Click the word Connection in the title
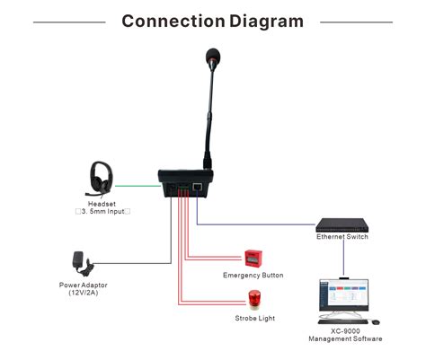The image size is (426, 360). tap(172, 21)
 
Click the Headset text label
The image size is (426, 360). tap(102, 204)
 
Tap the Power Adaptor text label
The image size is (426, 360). tap(82, 285)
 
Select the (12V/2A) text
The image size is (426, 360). tap(82, 294)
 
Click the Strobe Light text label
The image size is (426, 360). tap(253, 319)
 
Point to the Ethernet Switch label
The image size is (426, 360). tap(342, 237)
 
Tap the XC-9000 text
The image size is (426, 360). tap(345, 331)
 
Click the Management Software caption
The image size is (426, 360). tap(345, 339)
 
